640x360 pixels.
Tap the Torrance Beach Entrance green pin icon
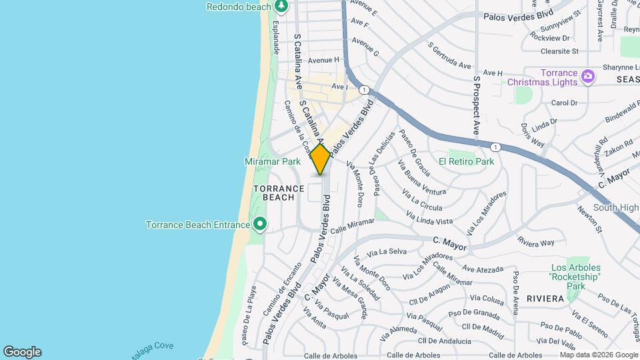pyautogui.click(x=260, y=225)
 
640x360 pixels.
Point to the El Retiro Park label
pyautogui.click(x=466, y=161)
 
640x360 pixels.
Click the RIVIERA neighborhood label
pyautogui.click(x=545, y=299)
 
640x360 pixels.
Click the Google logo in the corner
pyautogui.click(x=22, y=352)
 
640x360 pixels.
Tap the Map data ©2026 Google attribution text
pyautogui.click(x=599, y=355)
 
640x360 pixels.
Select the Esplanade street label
pyautogui.click(x=275, y=36)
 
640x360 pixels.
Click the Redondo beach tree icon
pyautogui.click(x=281, y=6)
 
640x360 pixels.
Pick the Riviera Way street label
pyautogui.click(x=536, y=243)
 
